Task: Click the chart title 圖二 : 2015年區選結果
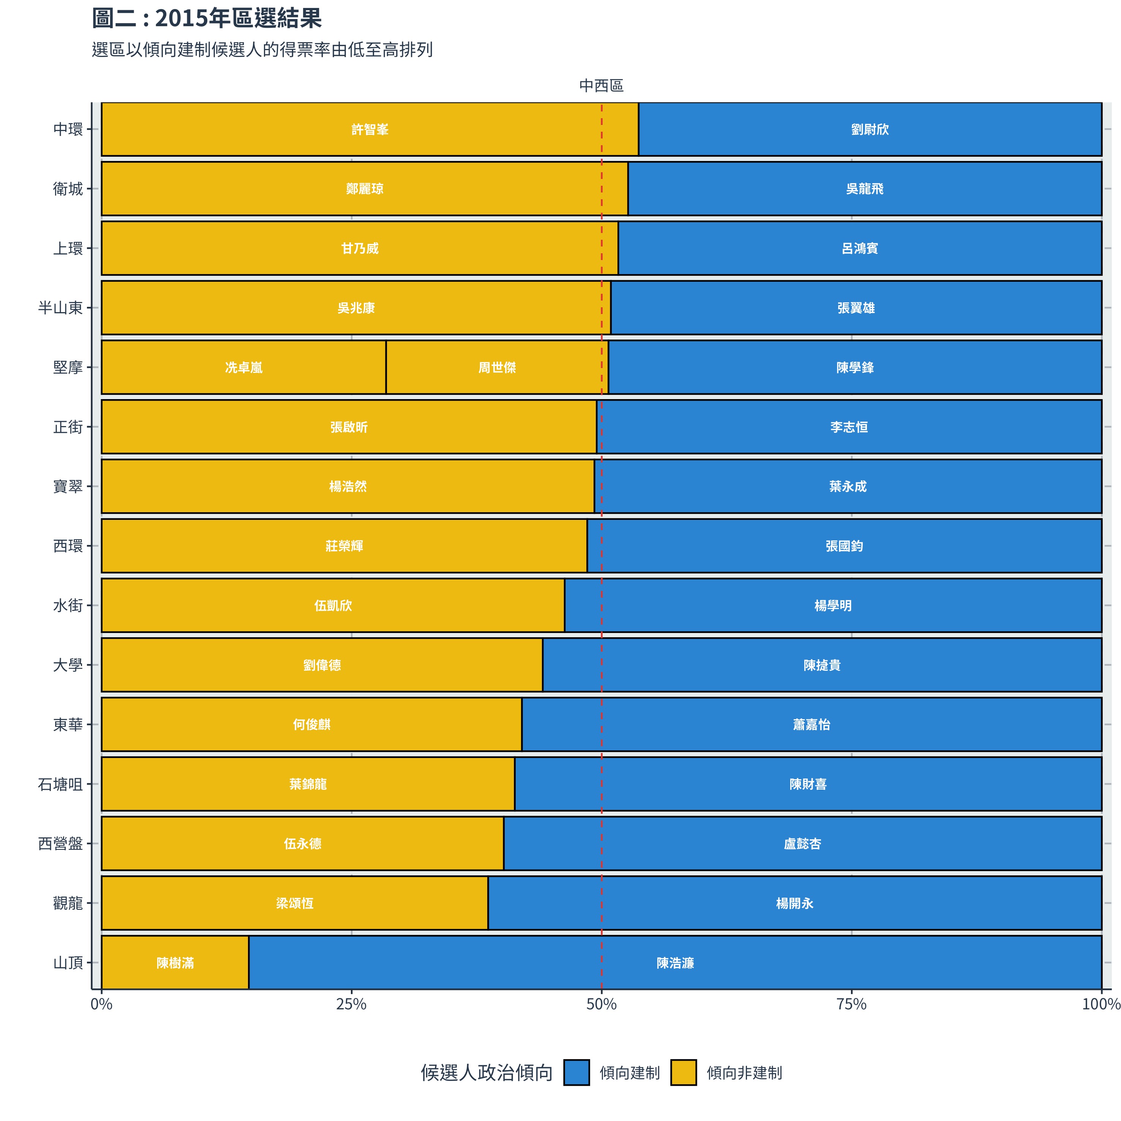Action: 207,18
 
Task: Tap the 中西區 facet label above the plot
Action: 601,86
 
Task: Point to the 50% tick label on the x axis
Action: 601,1004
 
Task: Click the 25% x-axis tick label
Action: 351,1004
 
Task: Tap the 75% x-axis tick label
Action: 851,1004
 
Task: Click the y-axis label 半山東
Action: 60,308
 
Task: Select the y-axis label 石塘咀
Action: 60,785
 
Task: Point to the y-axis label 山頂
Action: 68,963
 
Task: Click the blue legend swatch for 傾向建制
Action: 576,1073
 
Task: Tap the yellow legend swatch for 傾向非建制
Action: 684,1073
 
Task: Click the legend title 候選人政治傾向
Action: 486,1073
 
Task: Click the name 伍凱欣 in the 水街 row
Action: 333,606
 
